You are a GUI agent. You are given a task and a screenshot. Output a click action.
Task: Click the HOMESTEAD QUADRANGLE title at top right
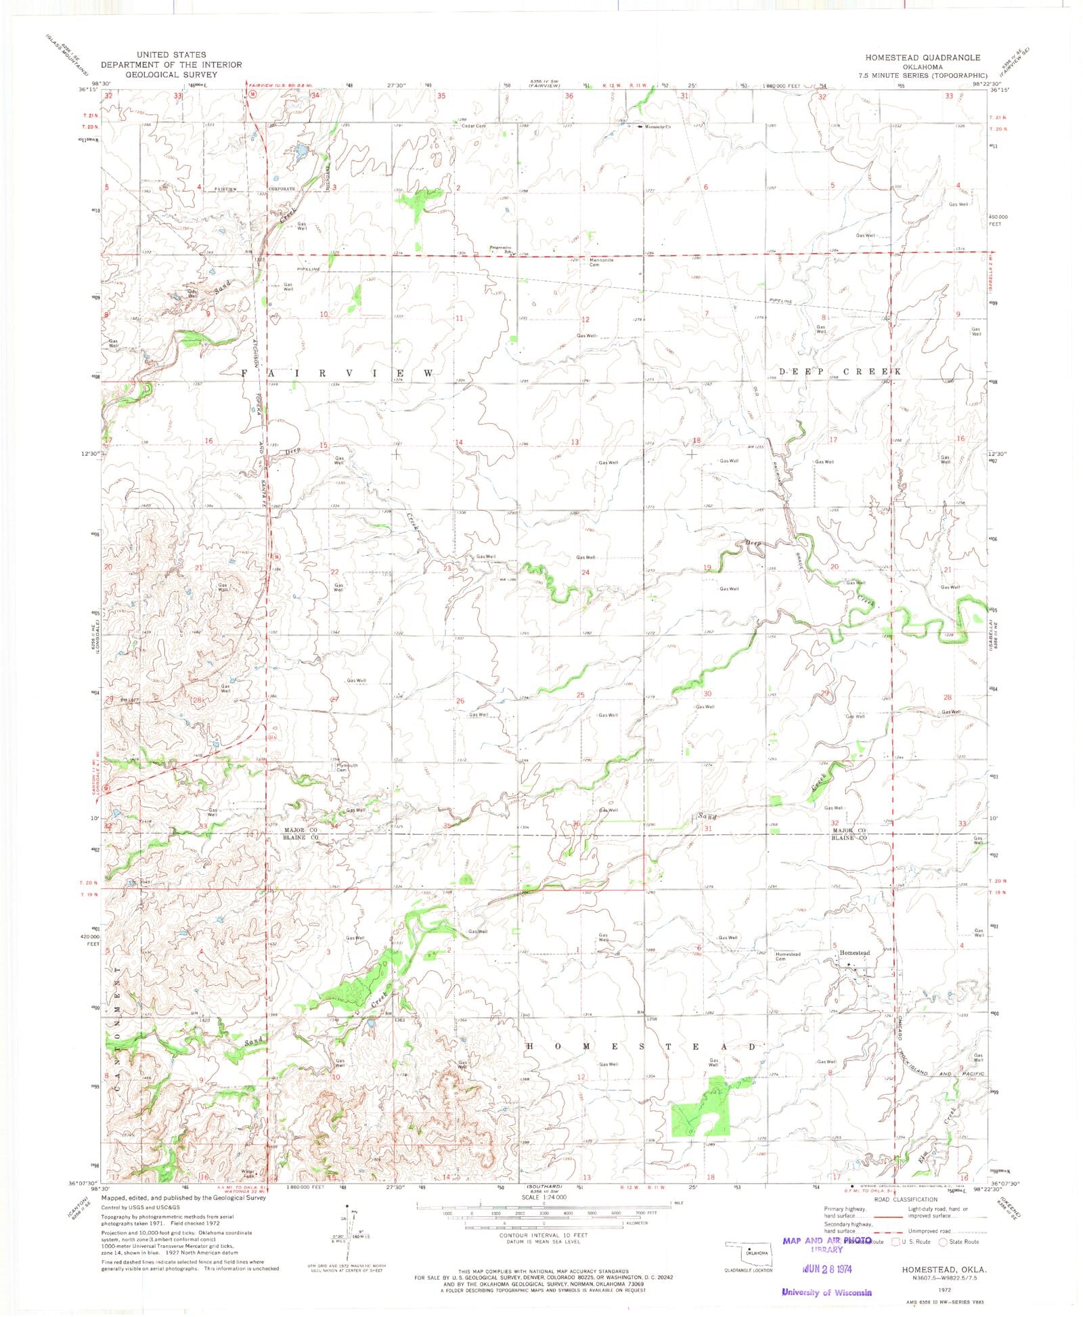(922, 58)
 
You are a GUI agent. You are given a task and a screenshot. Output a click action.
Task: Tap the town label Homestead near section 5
(854, 953)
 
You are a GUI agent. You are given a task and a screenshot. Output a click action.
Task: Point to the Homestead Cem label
(787, 956)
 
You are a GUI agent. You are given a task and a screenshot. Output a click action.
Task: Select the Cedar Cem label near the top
(473, 126)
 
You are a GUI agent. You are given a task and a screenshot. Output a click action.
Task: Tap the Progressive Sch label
(502, 249)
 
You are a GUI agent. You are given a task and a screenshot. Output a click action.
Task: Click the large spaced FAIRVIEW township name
(336, 373)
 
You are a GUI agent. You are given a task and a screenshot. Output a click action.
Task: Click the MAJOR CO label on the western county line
(301, 829)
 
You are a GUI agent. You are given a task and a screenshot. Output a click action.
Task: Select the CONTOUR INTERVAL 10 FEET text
(543, 1234)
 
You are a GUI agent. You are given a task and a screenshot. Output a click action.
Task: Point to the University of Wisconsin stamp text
(826, 1292)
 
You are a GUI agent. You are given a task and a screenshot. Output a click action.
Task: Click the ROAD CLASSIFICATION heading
(905, 1199)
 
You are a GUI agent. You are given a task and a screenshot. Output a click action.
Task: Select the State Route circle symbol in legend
(942, 1242)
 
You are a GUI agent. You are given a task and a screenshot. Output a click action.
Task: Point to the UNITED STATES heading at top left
(171, 54)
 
